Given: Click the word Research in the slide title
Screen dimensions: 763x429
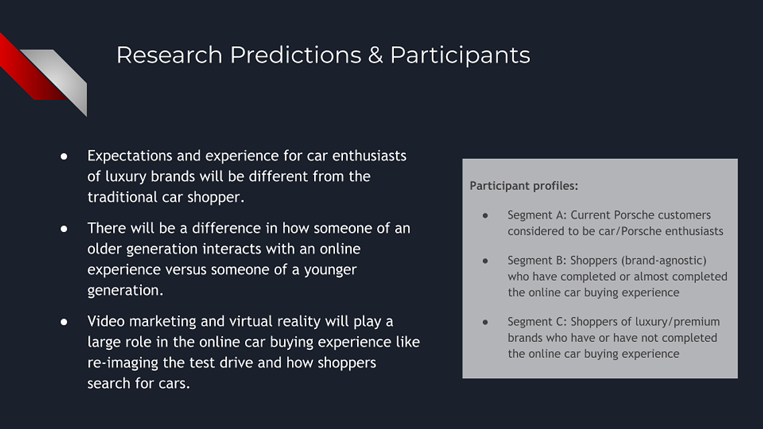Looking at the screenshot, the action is click(x=169, y=54).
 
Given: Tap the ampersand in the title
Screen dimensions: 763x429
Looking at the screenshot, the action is click(x=376, y=55).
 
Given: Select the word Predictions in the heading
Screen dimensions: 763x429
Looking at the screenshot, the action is click(x=295, y=54).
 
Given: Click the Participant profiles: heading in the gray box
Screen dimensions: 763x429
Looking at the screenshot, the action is click(x=524, y=186).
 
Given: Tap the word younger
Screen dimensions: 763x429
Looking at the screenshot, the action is click(x=330, y=270).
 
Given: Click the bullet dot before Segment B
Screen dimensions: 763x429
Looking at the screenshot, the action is click(x=485, y=261).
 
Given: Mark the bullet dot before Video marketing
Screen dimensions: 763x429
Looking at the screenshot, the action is click(x=64, y=322).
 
